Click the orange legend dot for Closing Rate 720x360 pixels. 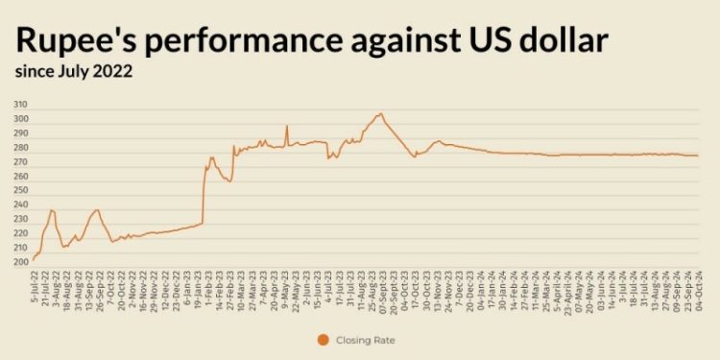point(323,340)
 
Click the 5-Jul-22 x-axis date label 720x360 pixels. point(35,285)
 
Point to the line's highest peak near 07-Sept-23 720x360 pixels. point(381,114)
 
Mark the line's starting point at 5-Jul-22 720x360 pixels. point(33,259)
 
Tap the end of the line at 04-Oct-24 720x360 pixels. point(698,156)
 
